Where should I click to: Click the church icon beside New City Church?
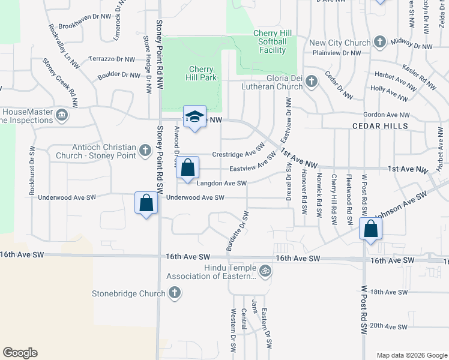379,43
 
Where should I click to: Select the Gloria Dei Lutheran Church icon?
311,82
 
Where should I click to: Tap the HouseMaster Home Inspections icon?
61,115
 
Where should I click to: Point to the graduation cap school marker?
194,117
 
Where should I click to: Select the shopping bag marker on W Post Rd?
370,229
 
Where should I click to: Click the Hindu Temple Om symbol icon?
265,271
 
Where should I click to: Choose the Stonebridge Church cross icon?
174,293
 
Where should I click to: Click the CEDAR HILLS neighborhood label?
380,127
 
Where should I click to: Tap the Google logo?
20,353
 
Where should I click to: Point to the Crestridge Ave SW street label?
239,150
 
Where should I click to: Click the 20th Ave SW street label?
389,326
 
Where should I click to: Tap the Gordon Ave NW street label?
387,115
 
